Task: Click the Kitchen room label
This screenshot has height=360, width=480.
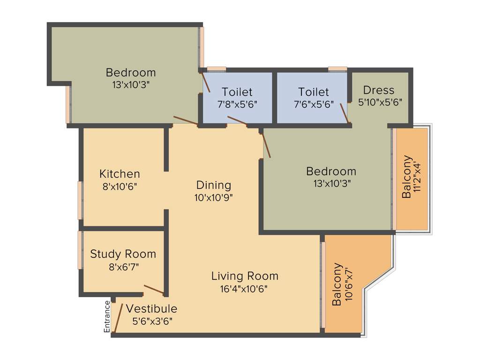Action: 120,174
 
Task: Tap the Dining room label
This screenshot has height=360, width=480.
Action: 214,185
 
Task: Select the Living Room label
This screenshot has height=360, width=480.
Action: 244,276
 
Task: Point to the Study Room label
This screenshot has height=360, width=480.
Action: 123,254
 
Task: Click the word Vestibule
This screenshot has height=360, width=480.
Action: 151,309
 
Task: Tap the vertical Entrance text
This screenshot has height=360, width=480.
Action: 107,316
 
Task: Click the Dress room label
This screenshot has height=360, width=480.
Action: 379,90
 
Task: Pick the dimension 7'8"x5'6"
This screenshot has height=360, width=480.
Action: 237,105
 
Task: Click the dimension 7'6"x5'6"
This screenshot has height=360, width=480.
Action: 314,105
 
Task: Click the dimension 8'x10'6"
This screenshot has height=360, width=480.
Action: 120,186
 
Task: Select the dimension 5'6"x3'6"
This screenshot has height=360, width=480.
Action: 152,321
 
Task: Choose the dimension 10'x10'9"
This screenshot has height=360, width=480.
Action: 214,197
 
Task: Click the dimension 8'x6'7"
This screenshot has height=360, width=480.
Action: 123,267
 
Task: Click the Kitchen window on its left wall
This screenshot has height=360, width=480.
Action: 80,200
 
